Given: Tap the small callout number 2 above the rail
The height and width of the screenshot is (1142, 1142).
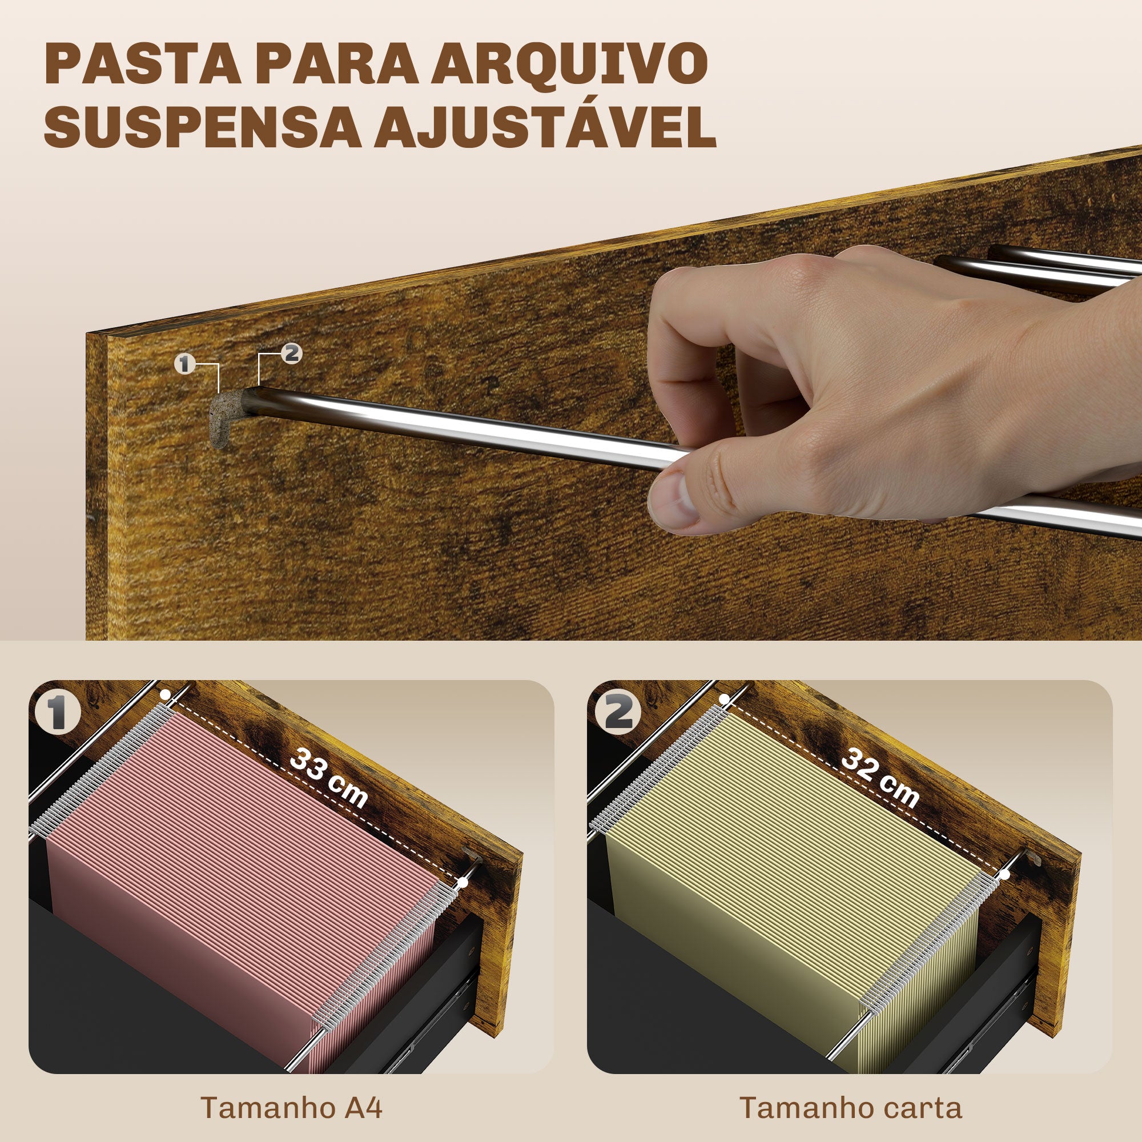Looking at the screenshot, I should [x=291, y=354].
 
